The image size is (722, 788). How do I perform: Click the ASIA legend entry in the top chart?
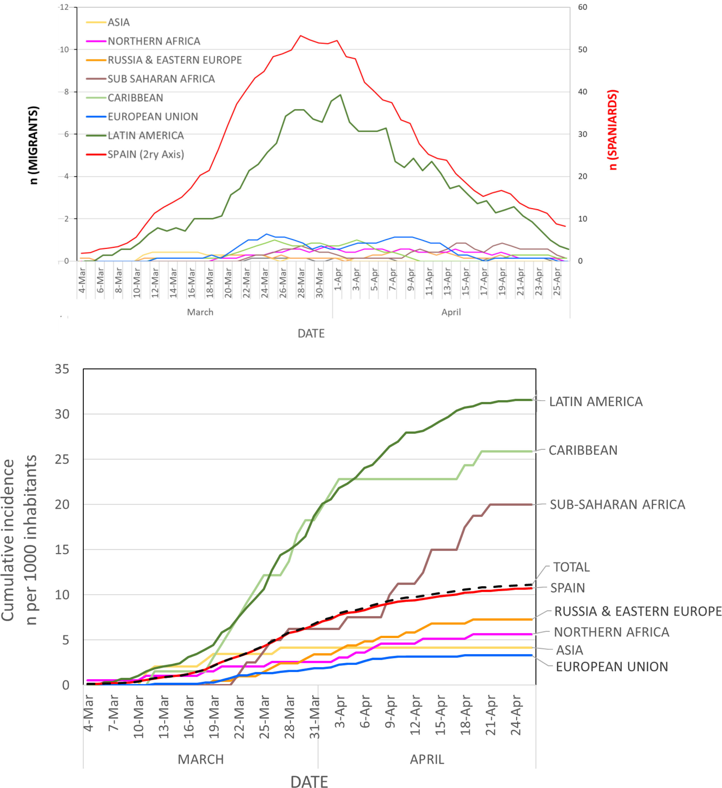click(x=118, y=22)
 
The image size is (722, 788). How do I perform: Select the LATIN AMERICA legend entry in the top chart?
click(x=146, y=136)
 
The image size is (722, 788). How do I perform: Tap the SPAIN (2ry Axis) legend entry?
click(x=146, y=154)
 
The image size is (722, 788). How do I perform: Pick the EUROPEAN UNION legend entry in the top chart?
click(x=152, y=116)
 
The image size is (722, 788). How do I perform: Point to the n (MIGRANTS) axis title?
click(x=34, y=145)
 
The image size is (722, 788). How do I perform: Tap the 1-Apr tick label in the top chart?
click(x=338, y=280)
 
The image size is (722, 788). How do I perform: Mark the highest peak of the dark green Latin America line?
click(x=340, y=95)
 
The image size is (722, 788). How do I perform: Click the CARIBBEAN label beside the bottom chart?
click(x=583, y=450)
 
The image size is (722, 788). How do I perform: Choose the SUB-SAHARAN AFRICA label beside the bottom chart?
click(x=617, y=505)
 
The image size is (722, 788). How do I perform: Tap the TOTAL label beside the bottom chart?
click(x=571, y=567)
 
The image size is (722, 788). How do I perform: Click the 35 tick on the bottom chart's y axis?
click(x=62, y=369)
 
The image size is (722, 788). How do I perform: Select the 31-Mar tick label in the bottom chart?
click(x=315, y=717)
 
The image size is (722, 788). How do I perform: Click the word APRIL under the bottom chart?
click(x=427, y=759)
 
